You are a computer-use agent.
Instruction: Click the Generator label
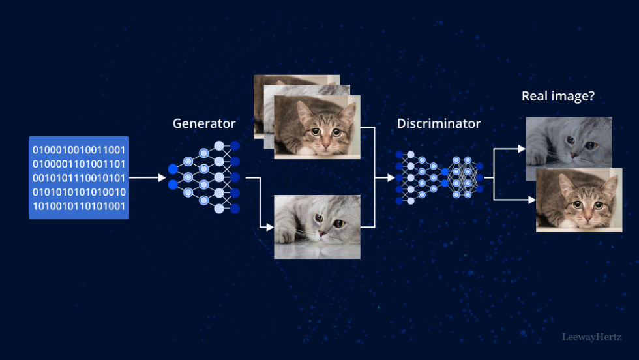pyautogui.click(x=203, y=123)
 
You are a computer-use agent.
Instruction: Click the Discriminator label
pyautogui.click(x=438, y=123)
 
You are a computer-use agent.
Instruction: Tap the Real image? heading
pyautogui.click(x=558, y=97)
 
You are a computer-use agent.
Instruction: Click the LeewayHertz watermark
pyautogui.click(x=592, y=337)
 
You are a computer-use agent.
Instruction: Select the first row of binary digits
pyautogui.click(x=79, y=150)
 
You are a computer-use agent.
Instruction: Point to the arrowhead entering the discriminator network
pyautogui.click(x=391, y=177)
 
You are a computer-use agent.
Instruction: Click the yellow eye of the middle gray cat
pyautogui.click(x=339, y=224)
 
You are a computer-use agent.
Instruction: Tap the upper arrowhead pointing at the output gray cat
pyautogui.click(x=522, y=149)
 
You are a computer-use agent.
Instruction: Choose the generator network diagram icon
pyautogui.click(x=203, y=177)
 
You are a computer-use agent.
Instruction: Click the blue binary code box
pyautogui.click(x=79, y=177)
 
